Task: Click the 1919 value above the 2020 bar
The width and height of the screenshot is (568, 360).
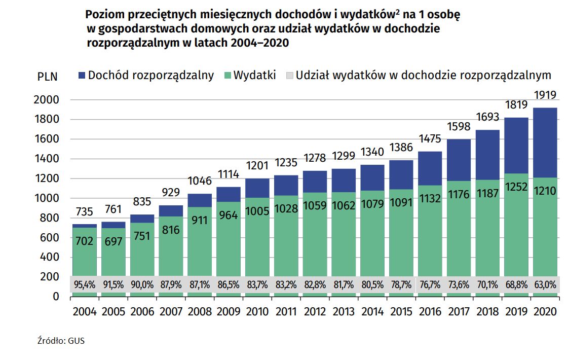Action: (x=545, y=95)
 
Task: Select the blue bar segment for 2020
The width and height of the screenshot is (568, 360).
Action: (x=545, y=142)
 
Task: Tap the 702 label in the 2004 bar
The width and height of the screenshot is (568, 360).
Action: (x=84, y=241)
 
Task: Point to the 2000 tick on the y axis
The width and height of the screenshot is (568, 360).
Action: (x=47, y=100)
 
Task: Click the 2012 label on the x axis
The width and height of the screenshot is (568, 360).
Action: (x=314, y=311)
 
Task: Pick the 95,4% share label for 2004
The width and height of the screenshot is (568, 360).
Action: (x=84, y=284)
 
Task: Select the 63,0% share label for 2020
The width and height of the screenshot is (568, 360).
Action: (x=545, y=284)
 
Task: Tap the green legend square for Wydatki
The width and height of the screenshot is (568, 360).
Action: (x=226, y=76)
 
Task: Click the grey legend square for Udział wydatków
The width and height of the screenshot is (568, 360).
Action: (x=289, y=76)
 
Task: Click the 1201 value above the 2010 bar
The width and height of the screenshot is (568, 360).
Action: (x=256, y=166)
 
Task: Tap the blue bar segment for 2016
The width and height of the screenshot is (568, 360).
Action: (x=430, y=168)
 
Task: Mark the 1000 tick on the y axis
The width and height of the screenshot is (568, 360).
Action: (x=47, y=198)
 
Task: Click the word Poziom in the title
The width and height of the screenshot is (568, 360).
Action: (x=104, y=15)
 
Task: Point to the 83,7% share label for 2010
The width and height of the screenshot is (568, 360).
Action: (x=256, y=284)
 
